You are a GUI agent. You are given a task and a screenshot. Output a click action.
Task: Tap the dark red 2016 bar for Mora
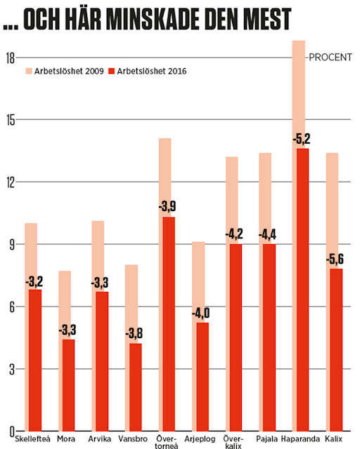pyautogui.click(x=67, y=384)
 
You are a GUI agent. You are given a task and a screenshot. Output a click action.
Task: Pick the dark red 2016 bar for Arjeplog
pyautogui.click(x=202, y=376)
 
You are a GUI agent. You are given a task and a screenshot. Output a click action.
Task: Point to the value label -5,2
pyautogui.click(x=302, y=139)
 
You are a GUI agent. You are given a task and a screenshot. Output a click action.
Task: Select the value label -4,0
pyautogui.click(x=200, y=313)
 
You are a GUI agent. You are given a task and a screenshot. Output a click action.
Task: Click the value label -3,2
pyautogui.click(x=34, y=282)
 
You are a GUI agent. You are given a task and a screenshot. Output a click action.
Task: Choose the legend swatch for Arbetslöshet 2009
pyautogui.click(x=30, y=71)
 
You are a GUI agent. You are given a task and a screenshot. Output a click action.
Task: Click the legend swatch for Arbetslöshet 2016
pyautogui.click(x=110, y=71)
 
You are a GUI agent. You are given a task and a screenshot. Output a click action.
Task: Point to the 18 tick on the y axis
pyautogui.click(x=11, y=59)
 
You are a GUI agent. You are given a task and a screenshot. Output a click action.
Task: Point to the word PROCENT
pyautogui.click(x=330, y=57)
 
